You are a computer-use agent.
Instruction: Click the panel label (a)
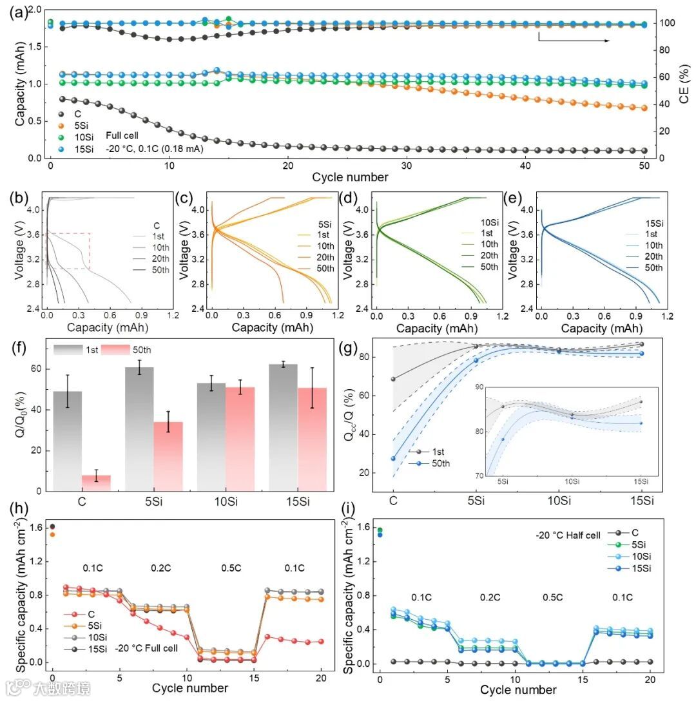tap(15, 11)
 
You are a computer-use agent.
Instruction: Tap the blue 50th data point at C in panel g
tap(393, 458)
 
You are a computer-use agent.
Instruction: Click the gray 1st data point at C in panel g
tap(393, 379)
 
